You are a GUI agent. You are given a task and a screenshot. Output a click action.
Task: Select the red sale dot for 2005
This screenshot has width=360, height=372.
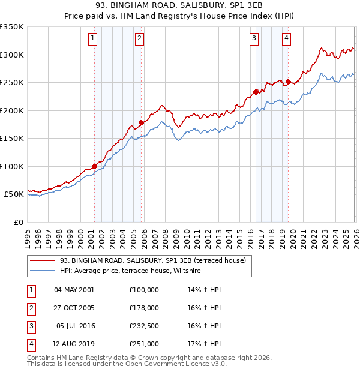point(141,122)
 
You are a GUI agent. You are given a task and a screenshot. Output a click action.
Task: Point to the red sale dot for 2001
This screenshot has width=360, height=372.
point(94,166)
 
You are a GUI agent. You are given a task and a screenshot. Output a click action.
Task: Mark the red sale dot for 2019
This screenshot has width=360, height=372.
point(288,82)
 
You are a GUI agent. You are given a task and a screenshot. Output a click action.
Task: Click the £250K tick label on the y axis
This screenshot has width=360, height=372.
point(11,83)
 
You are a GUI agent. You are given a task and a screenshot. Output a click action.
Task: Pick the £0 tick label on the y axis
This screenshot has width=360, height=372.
point(18,223)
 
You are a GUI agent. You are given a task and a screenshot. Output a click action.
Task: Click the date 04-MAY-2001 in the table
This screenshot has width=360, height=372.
point(74,290)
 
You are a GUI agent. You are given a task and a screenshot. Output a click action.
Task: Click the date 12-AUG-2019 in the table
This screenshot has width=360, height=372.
point(74,344)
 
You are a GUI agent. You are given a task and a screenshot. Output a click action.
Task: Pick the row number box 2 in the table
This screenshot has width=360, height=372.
point(31,308)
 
